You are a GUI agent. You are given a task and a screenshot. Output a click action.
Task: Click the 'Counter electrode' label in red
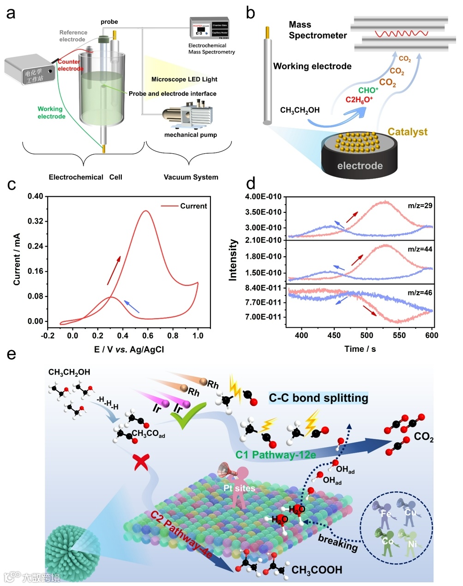pyautogui.click(x=70, y=65)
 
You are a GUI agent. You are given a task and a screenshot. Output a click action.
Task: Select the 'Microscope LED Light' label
pyautogui.click(x=184, y=79)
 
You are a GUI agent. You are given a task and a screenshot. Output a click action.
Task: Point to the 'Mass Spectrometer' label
pyautogui.click(x=317, y=30)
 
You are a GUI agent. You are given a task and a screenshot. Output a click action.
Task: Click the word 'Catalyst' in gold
pyautogui.click(x=408, y=132)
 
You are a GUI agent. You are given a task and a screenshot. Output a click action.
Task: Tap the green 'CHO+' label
pyautogui.click(x=368, y=90)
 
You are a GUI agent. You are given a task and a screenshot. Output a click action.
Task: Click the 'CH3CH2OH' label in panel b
pyautogui.click(x=300, y=110)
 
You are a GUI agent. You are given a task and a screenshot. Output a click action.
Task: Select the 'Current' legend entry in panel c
pyautogui.click(x=193, y=206)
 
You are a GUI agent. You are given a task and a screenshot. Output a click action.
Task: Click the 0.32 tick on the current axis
pyautogui.click(x=36, y=221)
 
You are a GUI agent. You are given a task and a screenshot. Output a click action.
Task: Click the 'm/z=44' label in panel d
pyautogui.click(x=420, y=249)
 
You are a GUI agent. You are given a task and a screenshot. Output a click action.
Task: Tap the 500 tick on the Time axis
pyautogui.click(x=367, y=335)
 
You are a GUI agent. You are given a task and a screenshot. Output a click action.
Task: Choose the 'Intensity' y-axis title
pyautogui.click(x=233, y=260)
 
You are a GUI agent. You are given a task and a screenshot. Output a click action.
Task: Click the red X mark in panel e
pyautogui.click(x=140, y=462)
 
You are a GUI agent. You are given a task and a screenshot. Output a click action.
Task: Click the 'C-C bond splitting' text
pyautogui.click(x=319, y=398)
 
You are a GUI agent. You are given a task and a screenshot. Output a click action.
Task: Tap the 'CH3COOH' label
pyautogui.click(x=317, y=570)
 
